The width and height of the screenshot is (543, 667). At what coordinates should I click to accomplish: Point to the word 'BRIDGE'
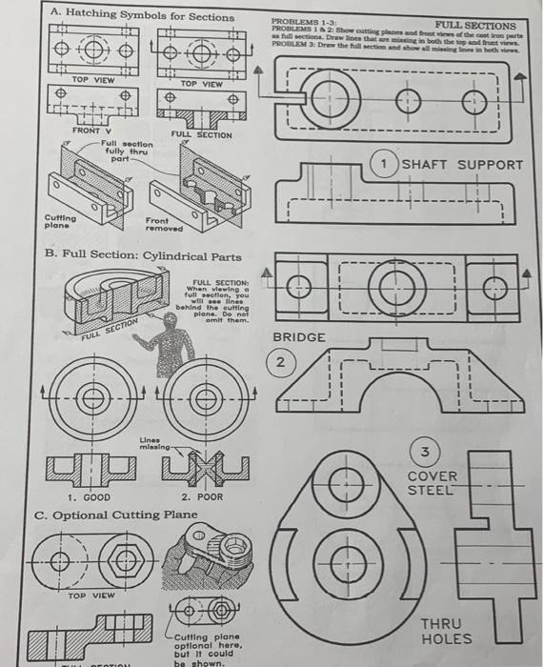299,338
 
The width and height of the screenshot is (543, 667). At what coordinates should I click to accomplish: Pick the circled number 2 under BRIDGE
281,363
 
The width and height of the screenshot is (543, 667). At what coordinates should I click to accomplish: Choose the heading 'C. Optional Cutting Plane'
116,515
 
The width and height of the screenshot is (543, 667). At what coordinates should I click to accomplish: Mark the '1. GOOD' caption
87,497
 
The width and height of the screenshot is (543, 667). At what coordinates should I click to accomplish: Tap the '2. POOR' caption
202,497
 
